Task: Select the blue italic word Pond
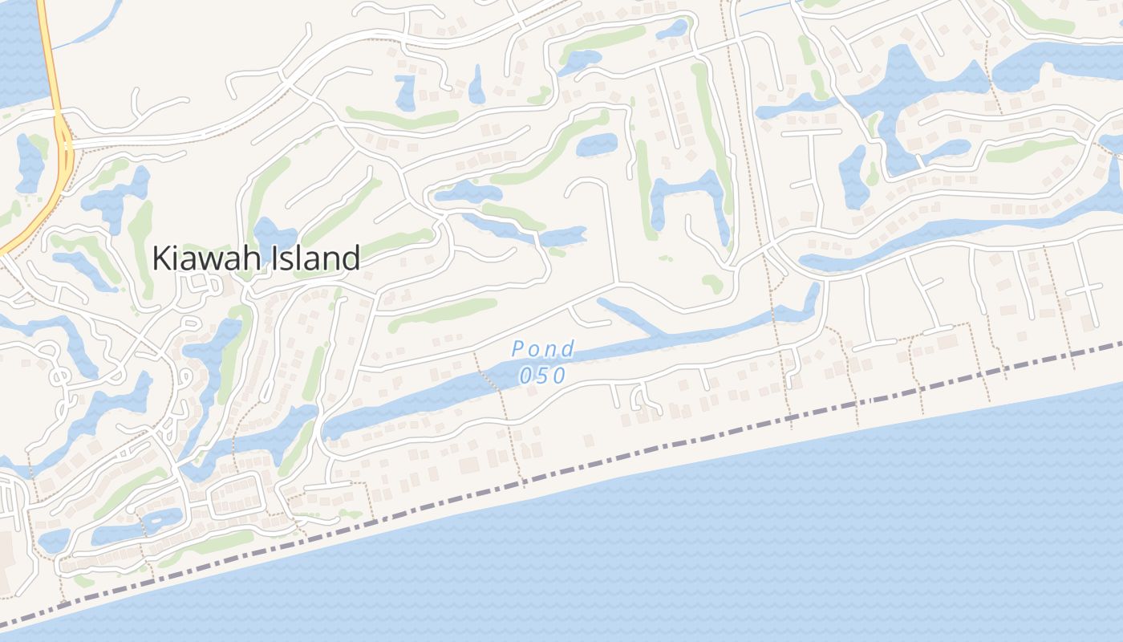[543, 349]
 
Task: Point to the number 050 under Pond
[543, 375]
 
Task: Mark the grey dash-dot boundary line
[642, 450]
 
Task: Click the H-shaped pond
[690, 197]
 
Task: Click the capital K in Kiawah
[161, 258]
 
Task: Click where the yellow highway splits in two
[60, 120]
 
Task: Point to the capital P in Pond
[519, 349]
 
